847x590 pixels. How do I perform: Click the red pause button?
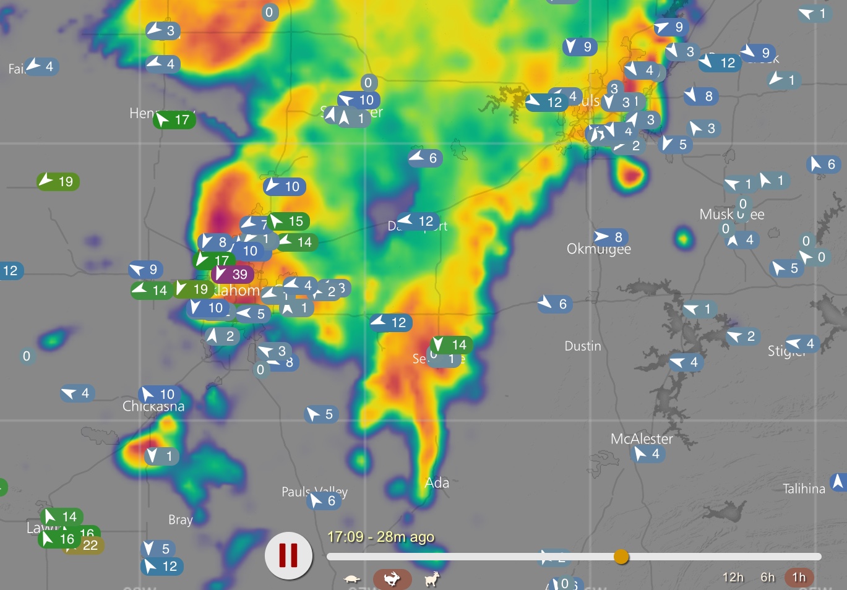[288, 555]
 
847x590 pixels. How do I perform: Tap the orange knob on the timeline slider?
[621, 557]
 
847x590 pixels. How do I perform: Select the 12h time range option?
[733, 577]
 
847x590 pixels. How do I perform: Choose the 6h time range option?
[768, 577]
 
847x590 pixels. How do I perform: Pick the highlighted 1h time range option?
[799, 577]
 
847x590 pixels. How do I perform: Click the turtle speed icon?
[352, 579]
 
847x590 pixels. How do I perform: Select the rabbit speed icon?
[392, 579]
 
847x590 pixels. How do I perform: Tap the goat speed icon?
[432, 579]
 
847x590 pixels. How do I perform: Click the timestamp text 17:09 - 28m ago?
[381, 537]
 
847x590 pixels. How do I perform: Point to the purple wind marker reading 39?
[232, 274]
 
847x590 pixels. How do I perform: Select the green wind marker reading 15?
[288, 221]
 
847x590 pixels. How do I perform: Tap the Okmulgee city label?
[598, 249]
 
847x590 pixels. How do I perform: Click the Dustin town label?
[583, 346]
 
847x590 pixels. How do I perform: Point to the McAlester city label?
[642, 438]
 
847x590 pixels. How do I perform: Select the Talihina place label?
[804, 489]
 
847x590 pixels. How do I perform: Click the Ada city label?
[437, 483]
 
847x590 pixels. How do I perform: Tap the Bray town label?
[180, 519]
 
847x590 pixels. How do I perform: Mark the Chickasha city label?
[153, 406]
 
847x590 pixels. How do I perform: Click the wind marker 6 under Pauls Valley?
[324, 500]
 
